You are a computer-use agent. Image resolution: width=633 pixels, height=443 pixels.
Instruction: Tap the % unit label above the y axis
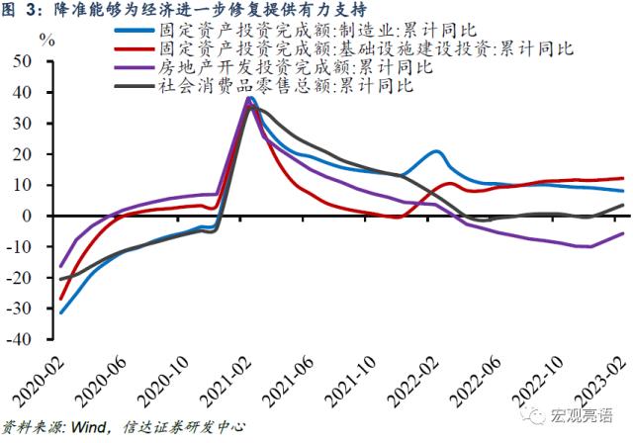pos(45,41)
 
